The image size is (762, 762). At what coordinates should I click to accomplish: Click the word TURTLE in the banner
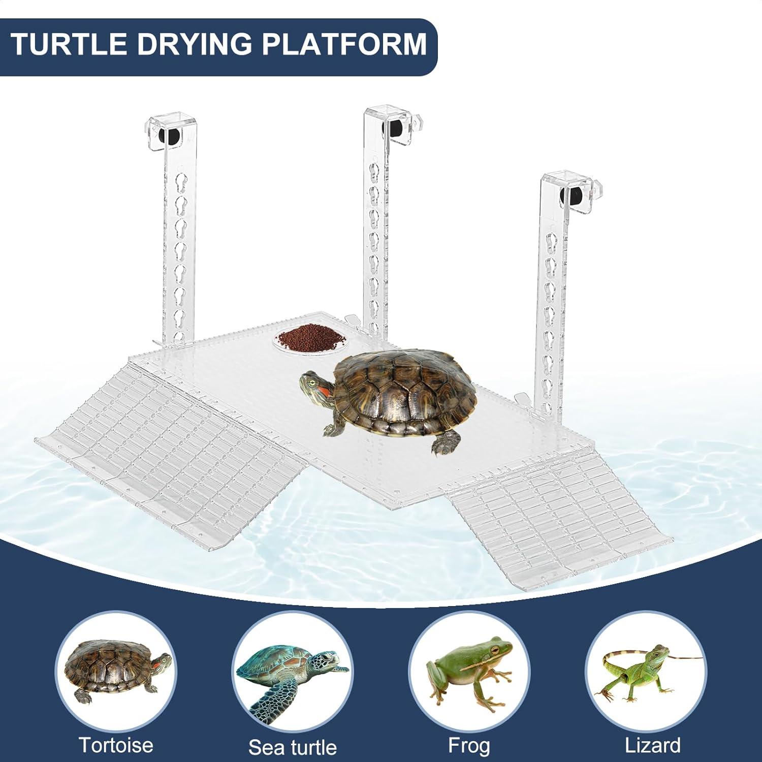click(69, 45)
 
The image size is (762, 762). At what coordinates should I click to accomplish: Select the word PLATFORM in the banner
click(343, 45)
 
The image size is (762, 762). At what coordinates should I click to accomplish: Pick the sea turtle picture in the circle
click(292, 673)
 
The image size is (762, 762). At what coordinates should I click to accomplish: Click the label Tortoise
click(116, 745)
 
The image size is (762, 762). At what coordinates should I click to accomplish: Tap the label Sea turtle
click(292, 747)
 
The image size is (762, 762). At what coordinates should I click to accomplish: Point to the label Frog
click(469, 745)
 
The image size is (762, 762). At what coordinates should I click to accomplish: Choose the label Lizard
click(652, 745)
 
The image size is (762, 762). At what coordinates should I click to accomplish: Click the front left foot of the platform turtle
click(333, 430)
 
